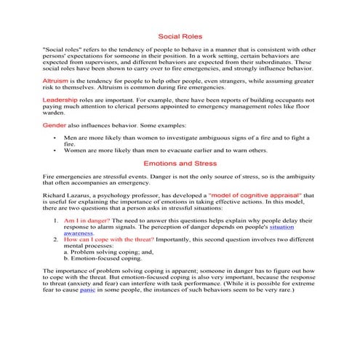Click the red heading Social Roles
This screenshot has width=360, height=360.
pyautogui.click(x=180, y=36)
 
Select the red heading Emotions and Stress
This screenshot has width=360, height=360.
pyautogui.click(x=180, y=164)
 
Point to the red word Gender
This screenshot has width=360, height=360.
pyautogui.click(x=56, y=124)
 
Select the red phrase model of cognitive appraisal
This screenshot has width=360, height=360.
pyautogui.click(x=254, y=196)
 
